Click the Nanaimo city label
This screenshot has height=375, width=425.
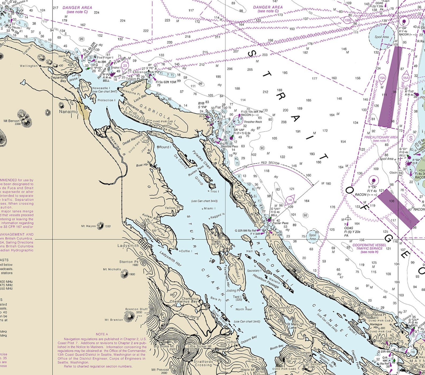[x=69, y=112]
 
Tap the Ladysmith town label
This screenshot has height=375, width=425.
[x=128, y=246]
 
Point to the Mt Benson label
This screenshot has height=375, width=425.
[x=12, y=121]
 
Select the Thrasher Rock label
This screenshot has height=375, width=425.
[x=253, y=122]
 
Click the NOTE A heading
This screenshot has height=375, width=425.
[x=102, y=334]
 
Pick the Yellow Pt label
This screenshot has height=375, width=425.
[x=172, y=208]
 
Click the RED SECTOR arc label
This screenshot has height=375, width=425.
[x=270, y=163]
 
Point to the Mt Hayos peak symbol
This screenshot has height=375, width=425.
[x=100, y=226]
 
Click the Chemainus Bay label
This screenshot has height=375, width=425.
[x=184, y=301]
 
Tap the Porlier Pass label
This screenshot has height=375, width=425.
[x=280, y=223]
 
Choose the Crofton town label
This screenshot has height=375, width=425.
[x=231, y=342]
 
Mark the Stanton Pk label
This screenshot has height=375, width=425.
[x=129, y=262]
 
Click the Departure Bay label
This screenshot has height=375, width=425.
[x=59, y=79]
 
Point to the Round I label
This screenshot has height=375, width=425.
[x=165, y=147]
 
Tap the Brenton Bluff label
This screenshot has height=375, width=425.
[x=136, y=309]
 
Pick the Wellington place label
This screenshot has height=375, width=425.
[x=29, y=66]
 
